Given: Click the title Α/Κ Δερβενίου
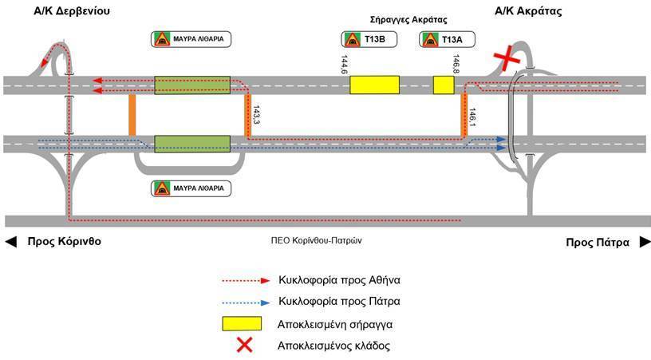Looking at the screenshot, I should [69, 11].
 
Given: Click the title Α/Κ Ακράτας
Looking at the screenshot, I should [529, 11].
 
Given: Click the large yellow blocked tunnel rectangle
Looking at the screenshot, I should [374, 85].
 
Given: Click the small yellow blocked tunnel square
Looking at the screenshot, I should [444, 85].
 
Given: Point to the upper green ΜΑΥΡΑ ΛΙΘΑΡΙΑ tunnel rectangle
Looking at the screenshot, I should [191, 85].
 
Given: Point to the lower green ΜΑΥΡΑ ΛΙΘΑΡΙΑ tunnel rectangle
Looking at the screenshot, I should [191, 144].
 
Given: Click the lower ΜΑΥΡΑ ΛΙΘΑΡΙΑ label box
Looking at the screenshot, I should [191, 189].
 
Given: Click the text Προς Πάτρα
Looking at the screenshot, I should [598, 242].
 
